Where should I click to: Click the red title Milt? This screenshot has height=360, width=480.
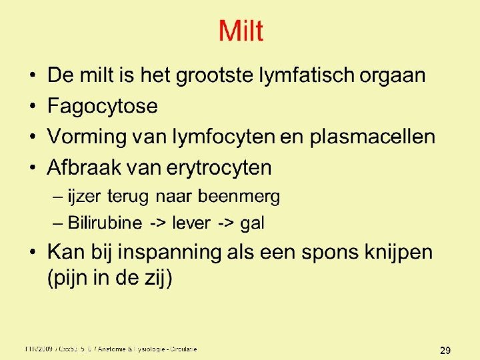coord(241,31)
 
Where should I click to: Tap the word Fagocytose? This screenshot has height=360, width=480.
coord(102,106)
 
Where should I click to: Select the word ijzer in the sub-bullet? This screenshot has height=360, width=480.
coord(79,197)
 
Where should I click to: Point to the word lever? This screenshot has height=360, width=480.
coord(191,223)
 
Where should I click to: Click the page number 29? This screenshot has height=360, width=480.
coord(446,350)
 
